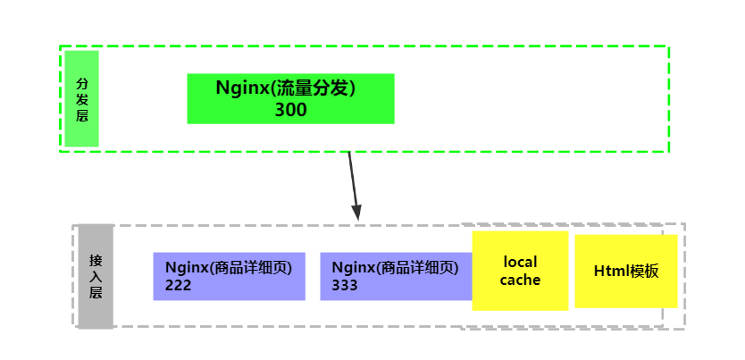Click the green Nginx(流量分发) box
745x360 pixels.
tap(290, 98)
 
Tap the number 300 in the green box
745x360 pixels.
tap(290, 110)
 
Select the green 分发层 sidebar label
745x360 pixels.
tap(81, 98)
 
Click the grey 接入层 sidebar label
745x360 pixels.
tap(96, 276)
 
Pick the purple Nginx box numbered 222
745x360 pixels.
tap(229, 276)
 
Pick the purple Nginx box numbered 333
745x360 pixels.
tap(395, 276)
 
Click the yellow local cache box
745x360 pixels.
tap(520, 271)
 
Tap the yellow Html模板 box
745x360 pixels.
tap(625, 272)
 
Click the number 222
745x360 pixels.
tap(179, 285)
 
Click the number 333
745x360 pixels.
tap(345, 285)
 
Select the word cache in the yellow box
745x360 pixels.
tap(521, 280)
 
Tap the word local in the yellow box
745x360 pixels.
tap(521, 263)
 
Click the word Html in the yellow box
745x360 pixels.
tap(611, 272)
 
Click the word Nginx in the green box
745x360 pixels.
tap(244, 88)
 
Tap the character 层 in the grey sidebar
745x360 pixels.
tap(96, 292)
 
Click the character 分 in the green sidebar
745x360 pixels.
tap(82, 82)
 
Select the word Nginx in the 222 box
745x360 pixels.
tap(186, 267)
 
